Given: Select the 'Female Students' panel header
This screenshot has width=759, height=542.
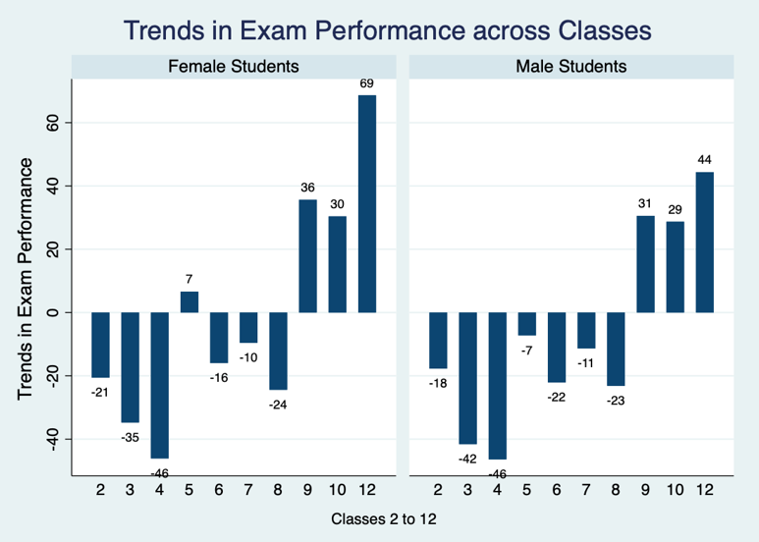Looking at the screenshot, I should (234, 68).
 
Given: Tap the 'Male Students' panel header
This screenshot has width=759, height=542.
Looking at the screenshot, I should (570, 68).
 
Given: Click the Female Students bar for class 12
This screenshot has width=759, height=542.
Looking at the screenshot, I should (367, 203).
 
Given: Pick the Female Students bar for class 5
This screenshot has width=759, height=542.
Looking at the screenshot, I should (190, 301).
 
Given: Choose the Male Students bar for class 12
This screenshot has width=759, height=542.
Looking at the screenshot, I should (705, 243).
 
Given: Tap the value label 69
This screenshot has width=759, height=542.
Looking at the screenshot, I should (367, 84).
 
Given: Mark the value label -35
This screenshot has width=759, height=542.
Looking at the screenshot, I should (130, 436).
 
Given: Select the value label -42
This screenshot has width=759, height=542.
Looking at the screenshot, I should (468, 458).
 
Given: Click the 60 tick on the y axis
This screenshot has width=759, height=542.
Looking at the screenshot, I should (55, 123).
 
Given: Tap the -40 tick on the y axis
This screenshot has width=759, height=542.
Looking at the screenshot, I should (55, 438).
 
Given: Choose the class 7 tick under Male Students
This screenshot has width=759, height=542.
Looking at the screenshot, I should (586, 489).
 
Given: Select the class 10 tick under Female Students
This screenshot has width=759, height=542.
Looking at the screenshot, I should (338, 489).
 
